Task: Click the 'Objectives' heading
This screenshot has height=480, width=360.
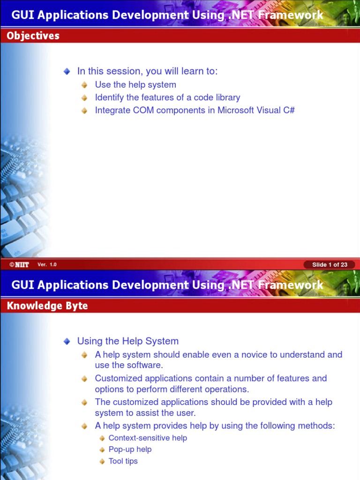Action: coord(33,36)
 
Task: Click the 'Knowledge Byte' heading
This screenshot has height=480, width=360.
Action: coord(47,306)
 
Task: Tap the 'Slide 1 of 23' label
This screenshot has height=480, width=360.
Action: coord(330,265)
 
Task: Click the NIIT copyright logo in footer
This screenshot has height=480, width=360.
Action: coord(19,265)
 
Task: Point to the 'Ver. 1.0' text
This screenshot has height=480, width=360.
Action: coord(47,265)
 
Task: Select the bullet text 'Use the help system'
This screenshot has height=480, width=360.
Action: coord(135,85)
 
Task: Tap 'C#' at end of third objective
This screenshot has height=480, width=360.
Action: coord(289,110)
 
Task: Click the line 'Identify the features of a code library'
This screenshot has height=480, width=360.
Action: coord(167,97)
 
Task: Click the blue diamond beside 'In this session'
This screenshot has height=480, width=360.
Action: coord(67,71)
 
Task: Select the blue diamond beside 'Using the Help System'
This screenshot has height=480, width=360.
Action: coord(67,341)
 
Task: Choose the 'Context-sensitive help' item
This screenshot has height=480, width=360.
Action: coord(148,438)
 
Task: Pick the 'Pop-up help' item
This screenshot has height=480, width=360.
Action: coord(130,450)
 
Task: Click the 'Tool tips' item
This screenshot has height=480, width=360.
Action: coord(123,461)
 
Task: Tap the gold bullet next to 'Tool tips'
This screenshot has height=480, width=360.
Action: coord(102,461)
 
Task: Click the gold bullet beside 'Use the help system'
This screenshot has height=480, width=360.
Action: coord(84,85)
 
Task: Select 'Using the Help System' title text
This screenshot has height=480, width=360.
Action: coord(127,341)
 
